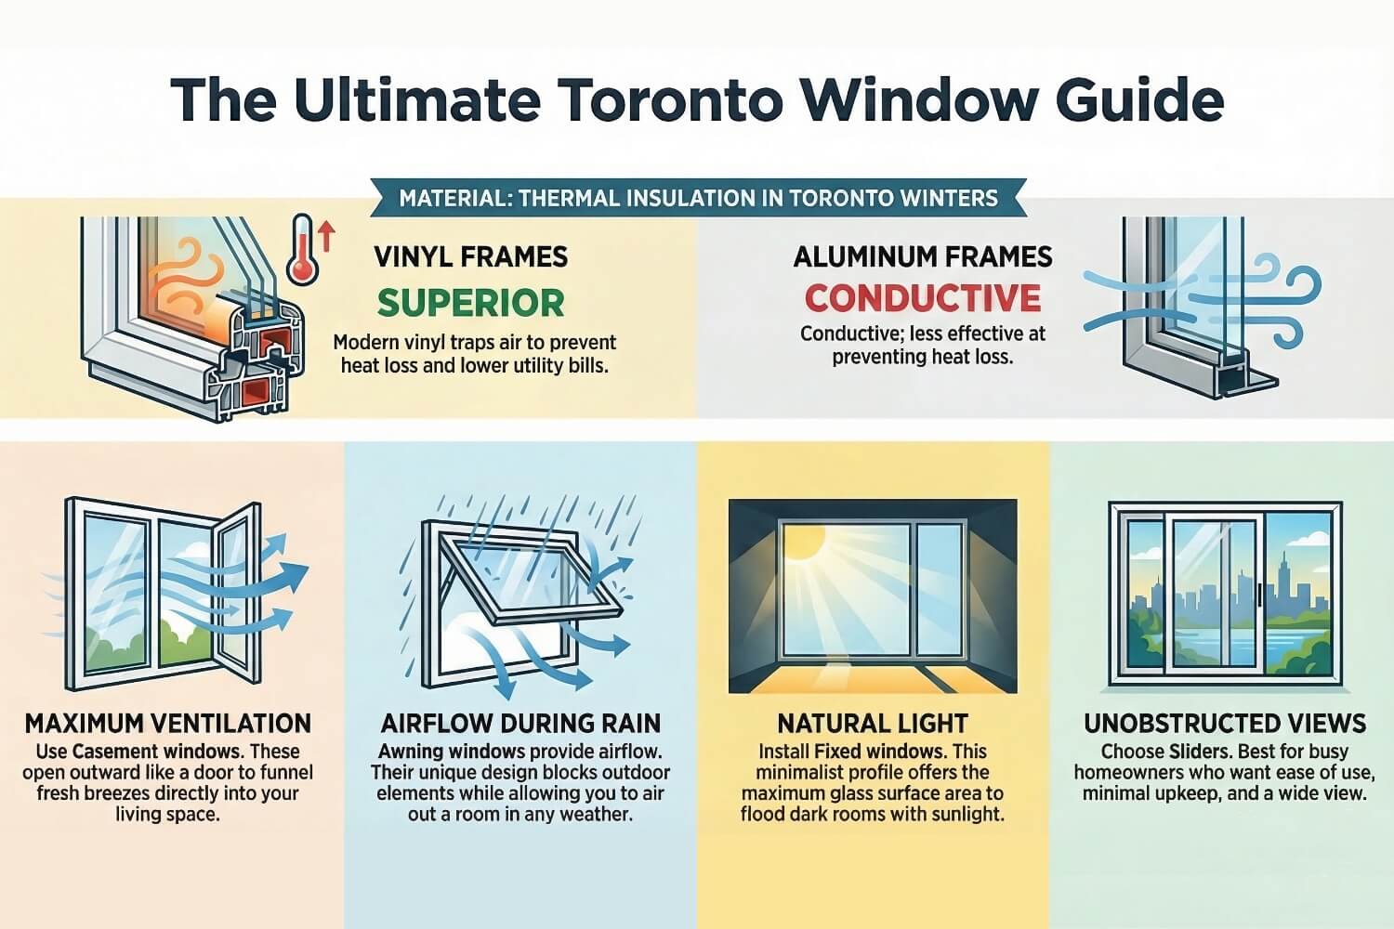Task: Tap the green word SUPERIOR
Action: click(471, 303)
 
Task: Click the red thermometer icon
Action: click(302, 249)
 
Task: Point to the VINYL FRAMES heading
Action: click(471, 256)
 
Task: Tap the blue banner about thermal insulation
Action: click(697, 198)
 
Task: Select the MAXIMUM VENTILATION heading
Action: click(168, 723)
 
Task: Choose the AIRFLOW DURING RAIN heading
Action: click(520, 723)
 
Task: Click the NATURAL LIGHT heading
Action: click(873, 723)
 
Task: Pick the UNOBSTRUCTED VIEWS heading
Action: click(1225, 723)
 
